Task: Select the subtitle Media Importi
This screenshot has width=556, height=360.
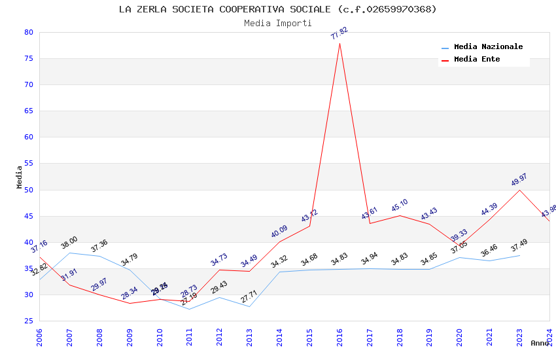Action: (278, 23)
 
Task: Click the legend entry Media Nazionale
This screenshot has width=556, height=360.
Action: (488, 47)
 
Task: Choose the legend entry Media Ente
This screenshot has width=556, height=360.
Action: (477, 60)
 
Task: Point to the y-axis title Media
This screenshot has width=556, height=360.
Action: (20, 177)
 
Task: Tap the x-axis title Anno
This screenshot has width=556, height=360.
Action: (540, 343)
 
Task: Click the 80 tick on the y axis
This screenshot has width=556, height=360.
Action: (28, 32)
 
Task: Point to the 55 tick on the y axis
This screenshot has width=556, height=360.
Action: (28, 164)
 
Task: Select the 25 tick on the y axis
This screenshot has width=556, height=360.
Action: (28, 321)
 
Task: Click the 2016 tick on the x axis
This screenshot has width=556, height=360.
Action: (339, 338)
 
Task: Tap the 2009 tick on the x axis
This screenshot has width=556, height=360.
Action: (130, 338)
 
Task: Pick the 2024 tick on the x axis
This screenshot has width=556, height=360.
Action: (549, 338)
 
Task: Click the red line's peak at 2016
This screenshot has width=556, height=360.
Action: (339, 43)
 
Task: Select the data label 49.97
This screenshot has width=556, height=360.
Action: (519, 180)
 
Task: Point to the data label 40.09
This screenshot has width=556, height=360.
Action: (279, 232)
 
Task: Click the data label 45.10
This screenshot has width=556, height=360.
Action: (400, 206)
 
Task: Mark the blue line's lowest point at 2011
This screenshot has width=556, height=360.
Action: (190, 309)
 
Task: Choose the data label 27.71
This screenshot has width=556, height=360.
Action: (249, 297)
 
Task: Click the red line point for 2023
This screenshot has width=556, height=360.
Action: (520, 190)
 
